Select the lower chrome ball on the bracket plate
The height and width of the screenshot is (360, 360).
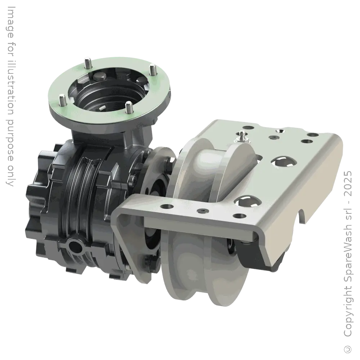[247, 202]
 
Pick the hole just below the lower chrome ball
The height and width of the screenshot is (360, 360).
[238, 216]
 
